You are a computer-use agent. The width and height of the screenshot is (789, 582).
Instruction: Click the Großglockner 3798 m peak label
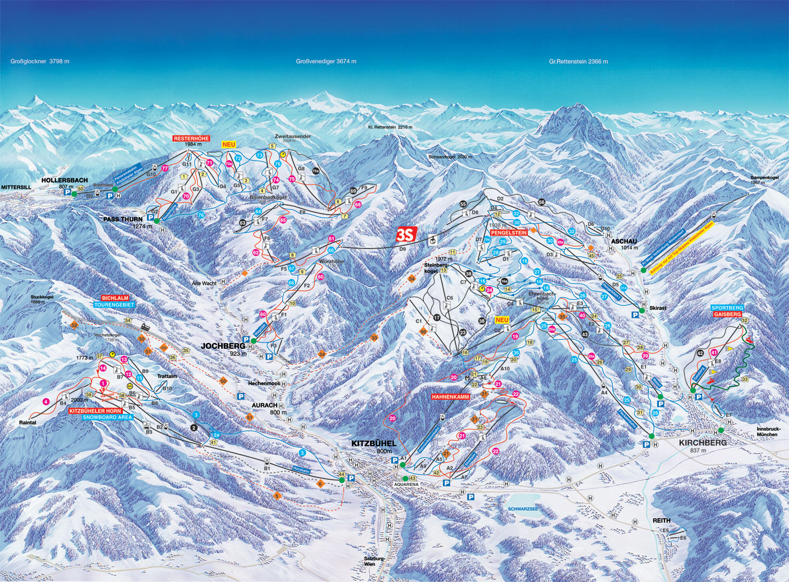click(x=40, y=61)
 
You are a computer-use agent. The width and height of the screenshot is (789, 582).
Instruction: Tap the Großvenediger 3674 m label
click(x=326, y=62)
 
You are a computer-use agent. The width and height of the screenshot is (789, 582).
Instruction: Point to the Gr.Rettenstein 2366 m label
click(x=578, y=62)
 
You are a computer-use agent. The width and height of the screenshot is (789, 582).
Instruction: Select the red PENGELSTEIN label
click(x=508, y=232)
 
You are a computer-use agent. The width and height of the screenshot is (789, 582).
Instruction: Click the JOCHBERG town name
click(x=223, y=346)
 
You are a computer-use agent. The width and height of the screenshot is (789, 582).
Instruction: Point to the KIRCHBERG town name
click(x=703, y=442)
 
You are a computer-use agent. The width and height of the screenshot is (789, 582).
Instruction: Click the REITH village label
click(x=661, y=521)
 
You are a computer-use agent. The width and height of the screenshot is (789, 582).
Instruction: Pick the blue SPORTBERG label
click(x=727, y=308)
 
